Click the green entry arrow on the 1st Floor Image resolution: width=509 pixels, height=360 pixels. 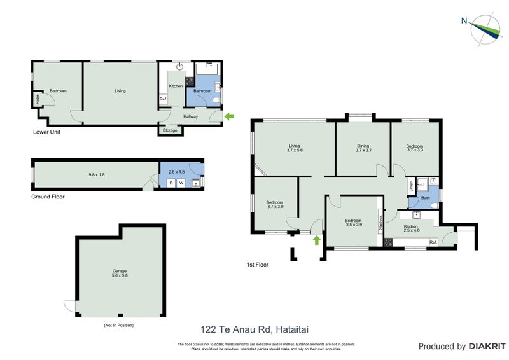[316, 239]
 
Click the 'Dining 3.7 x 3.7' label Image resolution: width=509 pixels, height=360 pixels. [363, 149]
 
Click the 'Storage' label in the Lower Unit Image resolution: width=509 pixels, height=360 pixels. [170, 130]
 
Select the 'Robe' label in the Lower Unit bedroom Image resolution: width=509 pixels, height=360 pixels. [38, 99]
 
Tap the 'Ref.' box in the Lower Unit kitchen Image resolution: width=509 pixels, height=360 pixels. [163, 99]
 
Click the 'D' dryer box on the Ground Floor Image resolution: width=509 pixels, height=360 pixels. [170, 183]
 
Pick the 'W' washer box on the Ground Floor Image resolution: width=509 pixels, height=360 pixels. [181, 183]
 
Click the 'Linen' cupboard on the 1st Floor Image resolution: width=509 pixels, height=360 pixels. [411, 186]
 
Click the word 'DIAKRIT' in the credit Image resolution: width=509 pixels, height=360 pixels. [487, 347]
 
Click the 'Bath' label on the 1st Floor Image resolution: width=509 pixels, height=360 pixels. [426, 198]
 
